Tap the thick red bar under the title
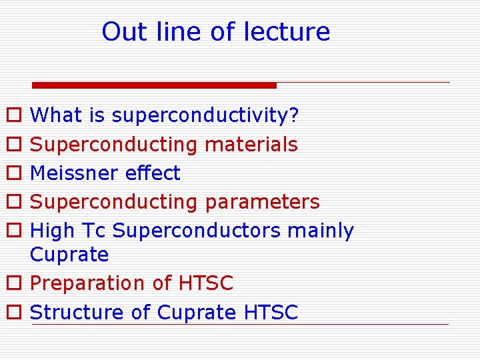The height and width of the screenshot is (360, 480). [154, 85]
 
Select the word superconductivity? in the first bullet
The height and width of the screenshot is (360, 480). [205, 116]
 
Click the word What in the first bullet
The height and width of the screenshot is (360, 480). [56, 115]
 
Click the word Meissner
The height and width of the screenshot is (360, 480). [75, 173]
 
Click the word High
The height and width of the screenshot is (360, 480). [53, 231]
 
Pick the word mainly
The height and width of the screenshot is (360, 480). [321, 231]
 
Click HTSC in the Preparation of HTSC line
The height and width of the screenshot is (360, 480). [206, 283]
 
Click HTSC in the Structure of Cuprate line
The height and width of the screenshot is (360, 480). [271, 312]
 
